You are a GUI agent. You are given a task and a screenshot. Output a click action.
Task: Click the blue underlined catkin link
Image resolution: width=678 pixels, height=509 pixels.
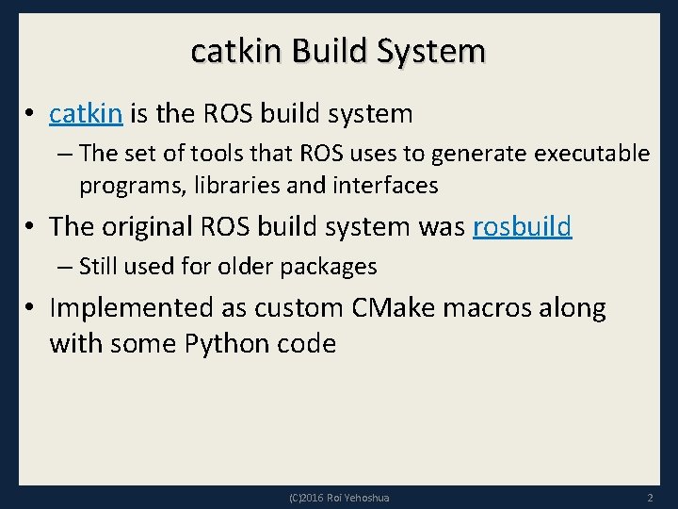point(86,114)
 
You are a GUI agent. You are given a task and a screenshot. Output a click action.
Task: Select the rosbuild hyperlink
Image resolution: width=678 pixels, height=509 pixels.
point(522,227)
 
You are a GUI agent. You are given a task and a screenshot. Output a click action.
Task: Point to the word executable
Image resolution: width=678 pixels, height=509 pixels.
point(591,153)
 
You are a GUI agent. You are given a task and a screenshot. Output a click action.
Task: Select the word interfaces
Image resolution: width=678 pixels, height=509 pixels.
point(384,186)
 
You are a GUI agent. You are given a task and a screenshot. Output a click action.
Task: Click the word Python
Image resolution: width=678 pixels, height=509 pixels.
point(225,343)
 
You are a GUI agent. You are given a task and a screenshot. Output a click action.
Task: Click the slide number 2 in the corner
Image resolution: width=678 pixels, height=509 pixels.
point(650,497)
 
